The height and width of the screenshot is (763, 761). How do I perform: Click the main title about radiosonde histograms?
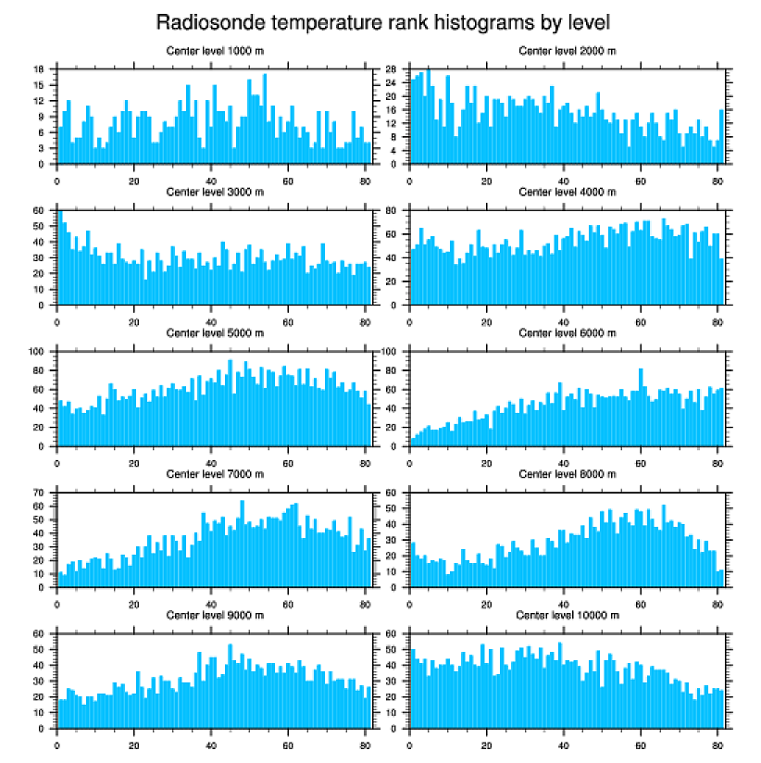pyautogui.click(x=381, y=21)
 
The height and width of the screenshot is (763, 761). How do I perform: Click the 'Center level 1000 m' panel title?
pyautogui.click(x=214, y=51)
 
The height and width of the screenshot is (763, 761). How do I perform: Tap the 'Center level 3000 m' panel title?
pyautogui.click(x=214, y=192)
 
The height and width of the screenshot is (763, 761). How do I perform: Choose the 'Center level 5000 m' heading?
pyautogui.click(x=214, y=333)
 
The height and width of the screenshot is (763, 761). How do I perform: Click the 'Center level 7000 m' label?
pyautogui.click(x=214, y=474)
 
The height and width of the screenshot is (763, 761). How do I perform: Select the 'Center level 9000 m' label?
pyautogui.click(x=214, y=616)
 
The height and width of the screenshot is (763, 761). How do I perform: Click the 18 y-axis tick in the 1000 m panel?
pyautogui.click(x=39, y=69)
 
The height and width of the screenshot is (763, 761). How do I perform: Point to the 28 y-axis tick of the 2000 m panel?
pyautogui.click(x=392, y=69)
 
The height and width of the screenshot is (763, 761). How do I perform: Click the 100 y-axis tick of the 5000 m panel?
pyautogui.click(x=37, y=352)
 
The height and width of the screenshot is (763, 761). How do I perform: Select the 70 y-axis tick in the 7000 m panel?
pyautogui.click(x=39, y=493)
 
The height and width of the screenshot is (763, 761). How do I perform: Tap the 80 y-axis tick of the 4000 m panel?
pyautogui.click(x=392, y=211)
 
